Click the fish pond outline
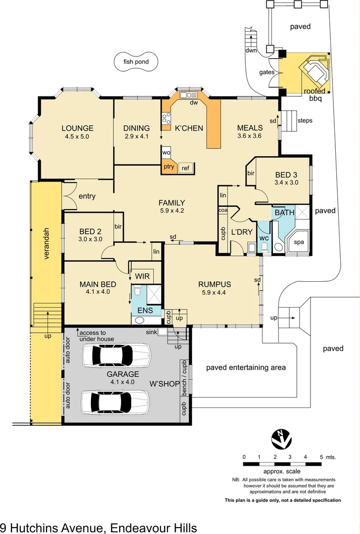136,62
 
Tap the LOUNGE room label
77,128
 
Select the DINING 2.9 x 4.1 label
136,128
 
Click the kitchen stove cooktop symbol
166,118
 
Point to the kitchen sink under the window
188,95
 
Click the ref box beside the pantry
185,168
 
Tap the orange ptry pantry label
169,167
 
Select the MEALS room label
250,128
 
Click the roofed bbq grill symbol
315,70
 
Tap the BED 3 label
286,175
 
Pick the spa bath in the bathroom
298,242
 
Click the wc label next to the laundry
264,237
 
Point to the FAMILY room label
172,203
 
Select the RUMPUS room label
215,284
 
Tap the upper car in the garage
115,355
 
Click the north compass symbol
281,439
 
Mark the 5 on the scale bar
321,457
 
